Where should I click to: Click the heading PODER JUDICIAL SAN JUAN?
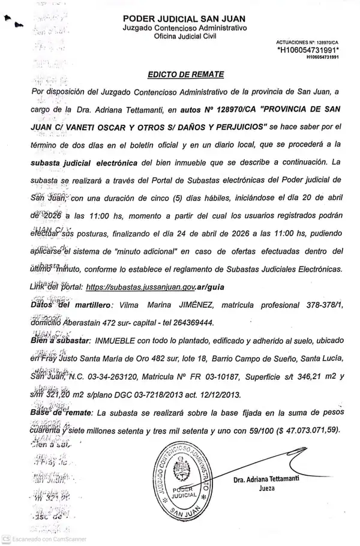pos(185,20)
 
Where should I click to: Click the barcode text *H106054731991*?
pos(308,50)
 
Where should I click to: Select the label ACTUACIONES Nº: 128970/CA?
pos(307,42)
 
